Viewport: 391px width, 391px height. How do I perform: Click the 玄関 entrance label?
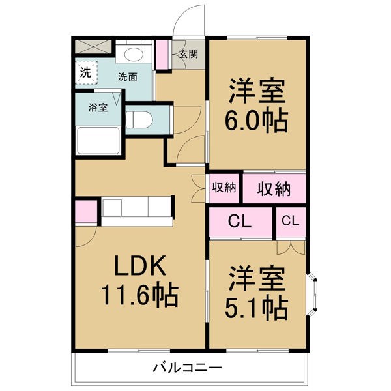(x=189, y=54)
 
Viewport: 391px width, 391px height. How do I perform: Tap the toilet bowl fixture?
(x=139, y=120)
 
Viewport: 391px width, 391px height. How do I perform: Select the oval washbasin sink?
(x=134, y=54)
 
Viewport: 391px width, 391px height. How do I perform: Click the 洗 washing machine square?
(x=86, y=72)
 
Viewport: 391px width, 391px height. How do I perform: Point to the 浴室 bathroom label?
(x=98, y=108)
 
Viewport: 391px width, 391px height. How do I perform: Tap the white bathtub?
(x=98, y=141)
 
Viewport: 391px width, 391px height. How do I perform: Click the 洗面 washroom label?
(x=128, y=77)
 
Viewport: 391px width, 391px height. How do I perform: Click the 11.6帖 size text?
(x=139, y=295)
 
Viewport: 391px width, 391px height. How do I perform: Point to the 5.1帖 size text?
(x=257, y=309)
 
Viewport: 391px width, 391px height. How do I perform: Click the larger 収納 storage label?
(x=274, y=189)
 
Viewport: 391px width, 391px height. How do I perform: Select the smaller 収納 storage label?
(x=224, y=187)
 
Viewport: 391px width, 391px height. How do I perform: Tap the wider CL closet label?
(x=240, y=222)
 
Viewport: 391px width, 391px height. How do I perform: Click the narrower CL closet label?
(x=291, y=221)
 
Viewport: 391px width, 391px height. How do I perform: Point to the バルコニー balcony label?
(x=187, y=368)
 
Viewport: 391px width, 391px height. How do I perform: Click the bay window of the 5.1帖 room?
(x=312, y=291)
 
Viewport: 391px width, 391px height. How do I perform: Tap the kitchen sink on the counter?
(x=112, y=207)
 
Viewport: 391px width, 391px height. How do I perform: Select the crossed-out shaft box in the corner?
(x=93, y=46)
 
